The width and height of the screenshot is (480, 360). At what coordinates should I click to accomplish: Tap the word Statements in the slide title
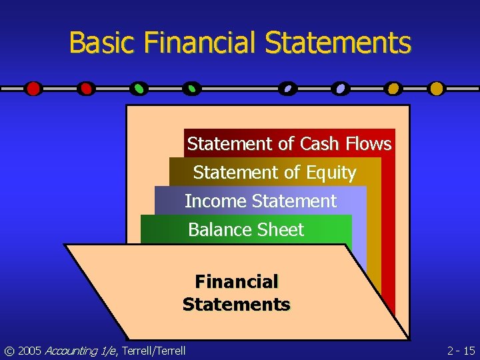pyautogui.click(x=338, y=43)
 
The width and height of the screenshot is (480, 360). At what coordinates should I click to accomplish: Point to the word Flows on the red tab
pyautogui.click(x=368, y=144)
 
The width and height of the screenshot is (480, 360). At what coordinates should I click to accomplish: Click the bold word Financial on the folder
pyautogui.click(x=237, y=282)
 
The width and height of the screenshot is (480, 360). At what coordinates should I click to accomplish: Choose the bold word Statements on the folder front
pyautogui.click(x=237, y=305)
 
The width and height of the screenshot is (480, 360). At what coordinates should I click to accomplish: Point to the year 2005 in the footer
pyautogui.click(x=29, y=351)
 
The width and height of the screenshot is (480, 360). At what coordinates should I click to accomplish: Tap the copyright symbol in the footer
pyautogui.click(x=8, y=351)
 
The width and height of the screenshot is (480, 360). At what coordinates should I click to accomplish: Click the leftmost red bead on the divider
pyautogui.click(x=33, y=88)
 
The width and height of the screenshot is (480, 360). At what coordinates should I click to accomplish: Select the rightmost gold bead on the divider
pyautogui.click(x=436, y=88)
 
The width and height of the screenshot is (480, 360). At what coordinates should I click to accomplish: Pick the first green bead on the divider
pyautogui.click(x=139, y=88)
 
